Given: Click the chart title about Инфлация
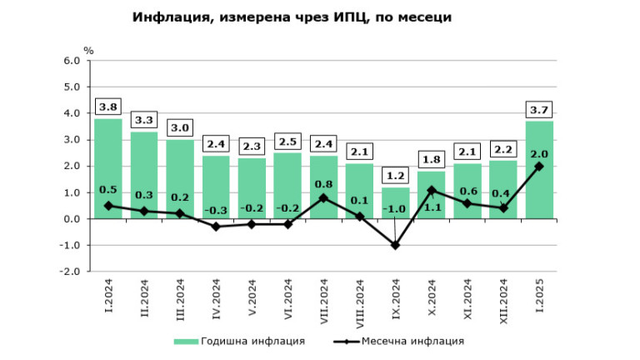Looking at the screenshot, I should [x=292, y=17].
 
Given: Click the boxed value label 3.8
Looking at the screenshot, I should [x=108, y=107].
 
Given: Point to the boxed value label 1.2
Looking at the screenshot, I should [x=396, y=176].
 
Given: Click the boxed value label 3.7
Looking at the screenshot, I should [x=540, y=109].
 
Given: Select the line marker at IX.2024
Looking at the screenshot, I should [x=396, y=245].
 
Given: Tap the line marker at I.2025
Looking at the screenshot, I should [x=540, y=166].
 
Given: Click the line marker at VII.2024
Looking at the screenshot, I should [x=324, y=197].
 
